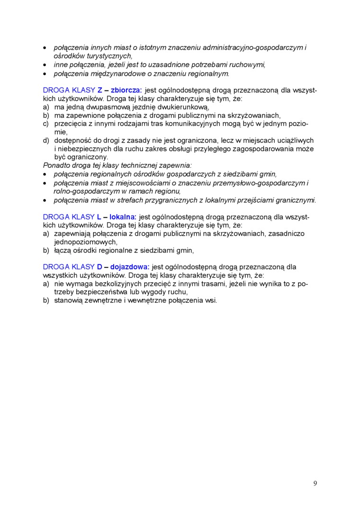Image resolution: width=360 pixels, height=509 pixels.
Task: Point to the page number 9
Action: coord(315,483)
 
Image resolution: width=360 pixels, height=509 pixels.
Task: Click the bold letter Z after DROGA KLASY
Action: coord(100,90)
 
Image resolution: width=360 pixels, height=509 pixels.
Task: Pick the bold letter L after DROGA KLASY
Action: coord(99,216)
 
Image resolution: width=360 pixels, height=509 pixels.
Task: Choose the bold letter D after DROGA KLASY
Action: coord(100,267)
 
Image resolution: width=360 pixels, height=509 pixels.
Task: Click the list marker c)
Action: coord(46,124)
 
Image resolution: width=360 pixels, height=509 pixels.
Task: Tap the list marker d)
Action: coord(46,140)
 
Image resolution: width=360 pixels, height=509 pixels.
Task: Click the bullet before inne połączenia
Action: coord(45,65)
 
